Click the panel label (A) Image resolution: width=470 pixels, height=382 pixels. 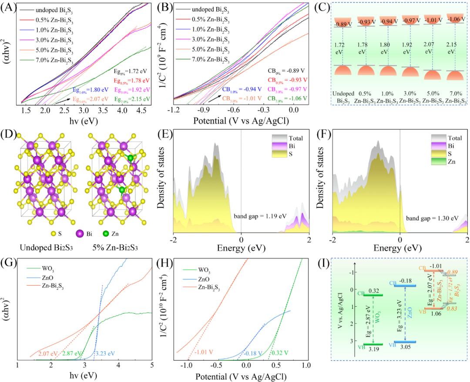tap(9, 7)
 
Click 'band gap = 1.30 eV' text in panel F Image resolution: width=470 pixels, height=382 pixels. tap(432, 217)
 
